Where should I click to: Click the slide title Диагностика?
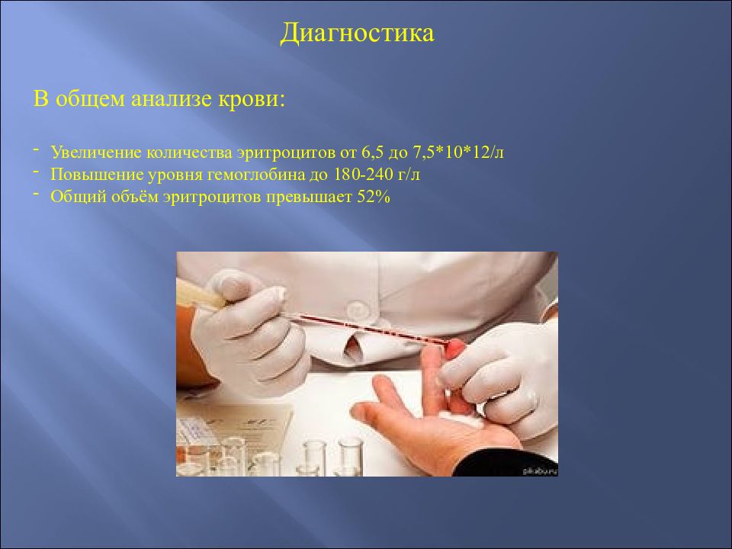357,34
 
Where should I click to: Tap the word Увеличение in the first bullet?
89,152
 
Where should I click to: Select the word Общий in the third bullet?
73,197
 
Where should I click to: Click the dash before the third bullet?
37,194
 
